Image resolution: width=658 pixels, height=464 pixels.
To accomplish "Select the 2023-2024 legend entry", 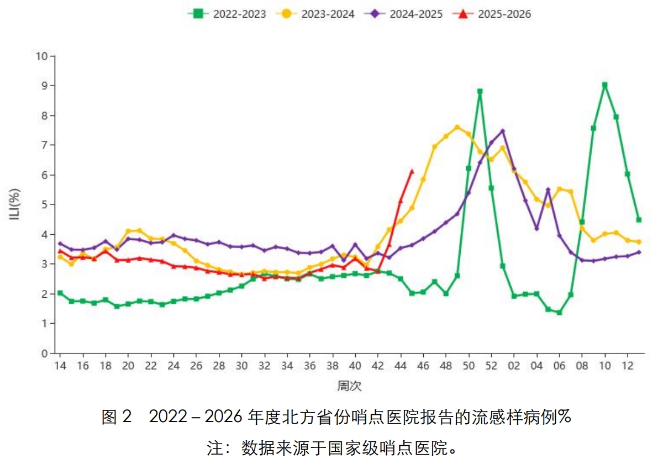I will pyautogui.click(x=315, y=14).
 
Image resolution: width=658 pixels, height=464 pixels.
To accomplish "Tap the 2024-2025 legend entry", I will pyautogui.click(x=404, y=14).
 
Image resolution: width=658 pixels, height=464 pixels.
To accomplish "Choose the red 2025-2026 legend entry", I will pyautogui.click(x=492, y=14).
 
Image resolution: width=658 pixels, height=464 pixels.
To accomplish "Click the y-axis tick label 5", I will pyautogui.click(x=44, y=204).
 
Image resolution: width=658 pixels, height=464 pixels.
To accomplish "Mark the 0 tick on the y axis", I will pyautogui.click(x=44, y=353).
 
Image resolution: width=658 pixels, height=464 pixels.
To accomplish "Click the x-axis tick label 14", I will pyautogui.click(x=60, y=366).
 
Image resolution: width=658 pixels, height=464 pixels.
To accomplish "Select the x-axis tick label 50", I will pyautogui.click(x=469, y=366).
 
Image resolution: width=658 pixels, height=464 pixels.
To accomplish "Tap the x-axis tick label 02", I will pyautogui.click(x=514, y=366).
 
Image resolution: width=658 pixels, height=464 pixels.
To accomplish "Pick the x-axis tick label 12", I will pyautogui.click(x=628, y=366).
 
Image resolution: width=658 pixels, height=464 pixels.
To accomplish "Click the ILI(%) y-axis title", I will pyautogui.click(x=15, y=204).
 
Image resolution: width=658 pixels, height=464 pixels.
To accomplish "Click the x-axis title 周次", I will pyautogui.click(x=349, y=386).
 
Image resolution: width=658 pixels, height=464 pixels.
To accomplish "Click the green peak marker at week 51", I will pyautogui.click(x=480, y=91).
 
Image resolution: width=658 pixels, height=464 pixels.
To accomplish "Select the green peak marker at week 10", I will pyautogui.click(x=605, y=85).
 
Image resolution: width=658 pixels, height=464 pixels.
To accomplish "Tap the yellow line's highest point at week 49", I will pyautogui.click(x=457, y=127).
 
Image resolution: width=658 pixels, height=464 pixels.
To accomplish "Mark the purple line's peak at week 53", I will pyautogui.click(x=503, y=131).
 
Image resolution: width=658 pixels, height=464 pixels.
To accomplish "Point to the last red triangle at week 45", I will pyautogui.click(x=412, y=171).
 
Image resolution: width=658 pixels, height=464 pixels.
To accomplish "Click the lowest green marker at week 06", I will pyautogui.click(x=560, y=312).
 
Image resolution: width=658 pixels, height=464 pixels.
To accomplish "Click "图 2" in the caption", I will pyautogui.click(x=117, y=417).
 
